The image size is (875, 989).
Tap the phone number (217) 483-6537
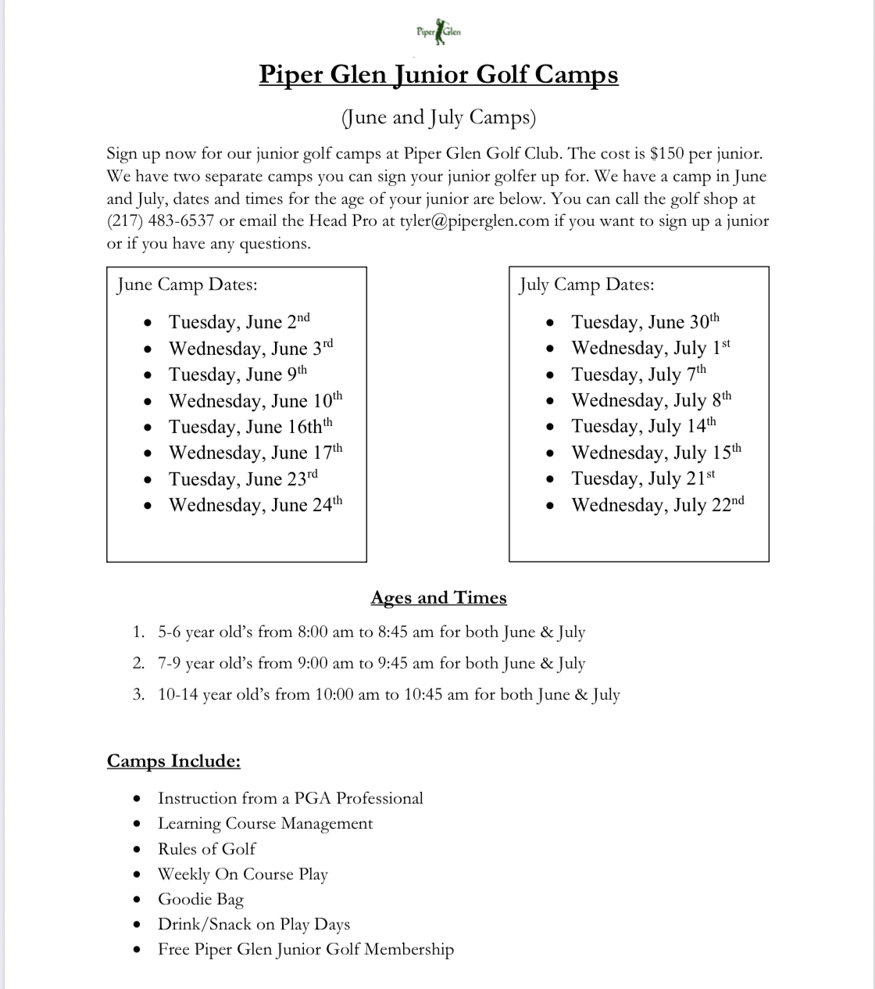(x=160, y=221)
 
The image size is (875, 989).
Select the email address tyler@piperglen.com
(x=474, y=221)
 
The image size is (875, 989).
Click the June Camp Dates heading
(x=187, y=285)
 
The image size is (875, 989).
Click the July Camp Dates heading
(x=586, y=285)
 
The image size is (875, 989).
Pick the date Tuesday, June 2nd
(x=239, y=322)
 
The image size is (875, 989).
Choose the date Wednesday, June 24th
(x=255, y=505)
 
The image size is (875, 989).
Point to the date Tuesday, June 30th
(x=645, y=322)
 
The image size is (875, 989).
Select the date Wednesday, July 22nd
(x=657, y=505)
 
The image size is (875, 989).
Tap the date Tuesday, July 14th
(x=643, y=426)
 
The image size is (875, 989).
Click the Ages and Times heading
(x=438, y=598)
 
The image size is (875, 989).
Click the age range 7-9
(x=170, y=664)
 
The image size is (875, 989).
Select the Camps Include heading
(x=173, y=761)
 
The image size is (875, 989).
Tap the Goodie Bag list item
(x=201, y=900)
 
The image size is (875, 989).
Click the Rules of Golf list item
(x=206, y=849)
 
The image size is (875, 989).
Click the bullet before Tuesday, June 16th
(x=148, y=428)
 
